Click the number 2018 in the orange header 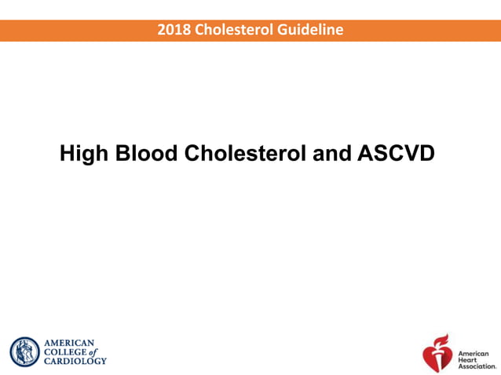pyautogui.click(x=173, y=31)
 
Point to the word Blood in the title pyautogui.click(x=149, y=153)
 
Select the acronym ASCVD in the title pyautogui.click(x=395, y=153)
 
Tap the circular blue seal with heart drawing pyautogui.click(x=24, y=352)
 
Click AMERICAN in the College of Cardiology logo pyautogui.click(x=69, y=343)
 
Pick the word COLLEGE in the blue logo pyautogui.click(x=67, y=352)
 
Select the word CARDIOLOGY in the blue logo pyautogui.click(x=75, y=362)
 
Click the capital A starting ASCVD pyautogui.click(x=365, y=153)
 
